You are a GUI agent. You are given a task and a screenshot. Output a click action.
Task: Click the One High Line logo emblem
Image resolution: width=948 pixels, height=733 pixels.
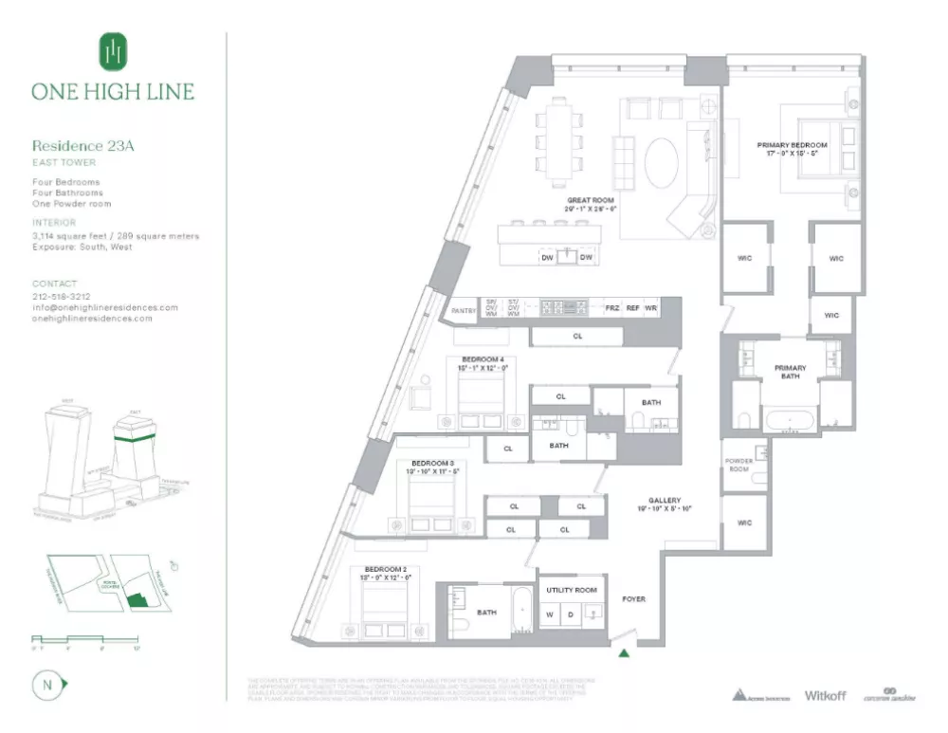113,51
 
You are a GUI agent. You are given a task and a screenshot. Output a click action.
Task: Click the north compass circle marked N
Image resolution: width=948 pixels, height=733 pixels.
45,684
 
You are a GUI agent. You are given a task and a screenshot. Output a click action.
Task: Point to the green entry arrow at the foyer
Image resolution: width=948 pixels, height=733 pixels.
624,651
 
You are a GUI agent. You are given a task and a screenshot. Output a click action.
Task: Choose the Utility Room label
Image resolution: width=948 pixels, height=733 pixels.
572,590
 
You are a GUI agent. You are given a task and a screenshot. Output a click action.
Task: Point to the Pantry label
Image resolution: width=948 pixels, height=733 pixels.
463,309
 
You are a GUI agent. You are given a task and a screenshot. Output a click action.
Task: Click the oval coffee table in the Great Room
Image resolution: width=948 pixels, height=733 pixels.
662,163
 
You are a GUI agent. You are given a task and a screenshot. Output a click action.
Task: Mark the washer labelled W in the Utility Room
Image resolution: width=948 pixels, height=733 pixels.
550,614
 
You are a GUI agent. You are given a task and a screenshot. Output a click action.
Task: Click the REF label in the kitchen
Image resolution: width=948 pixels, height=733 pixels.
631,309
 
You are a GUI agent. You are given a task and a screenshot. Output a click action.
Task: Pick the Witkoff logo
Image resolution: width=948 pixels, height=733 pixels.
825,695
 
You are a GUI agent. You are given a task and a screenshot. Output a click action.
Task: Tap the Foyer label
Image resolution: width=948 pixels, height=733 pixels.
633,599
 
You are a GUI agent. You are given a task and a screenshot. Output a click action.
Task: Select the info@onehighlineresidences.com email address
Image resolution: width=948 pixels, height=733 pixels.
105,307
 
